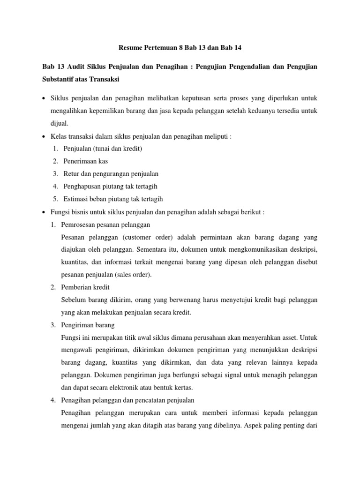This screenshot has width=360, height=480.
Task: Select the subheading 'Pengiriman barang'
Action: point(88,324)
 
